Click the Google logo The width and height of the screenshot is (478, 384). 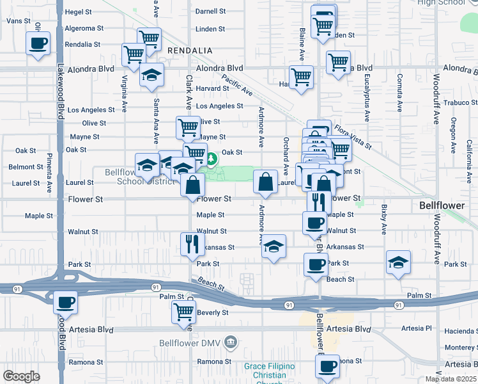(21, 376)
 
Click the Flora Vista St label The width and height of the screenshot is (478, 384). (351, 136)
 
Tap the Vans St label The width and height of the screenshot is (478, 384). (18, 21)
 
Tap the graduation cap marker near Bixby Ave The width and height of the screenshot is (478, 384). (398, 262)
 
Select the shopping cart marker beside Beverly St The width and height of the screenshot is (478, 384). (183, 311)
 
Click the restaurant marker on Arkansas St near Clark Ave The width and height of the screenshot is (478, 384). (190, 244)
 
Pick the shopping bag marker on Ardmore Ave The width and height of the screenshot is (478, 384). (266, 182)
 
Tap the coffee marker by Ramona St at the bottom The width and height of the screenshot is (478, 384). (328, 366)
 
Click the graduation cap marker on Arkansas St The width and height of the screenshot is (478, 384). (274, 246)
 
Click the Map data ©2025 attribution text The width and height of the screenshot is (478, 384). (451, 379)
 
